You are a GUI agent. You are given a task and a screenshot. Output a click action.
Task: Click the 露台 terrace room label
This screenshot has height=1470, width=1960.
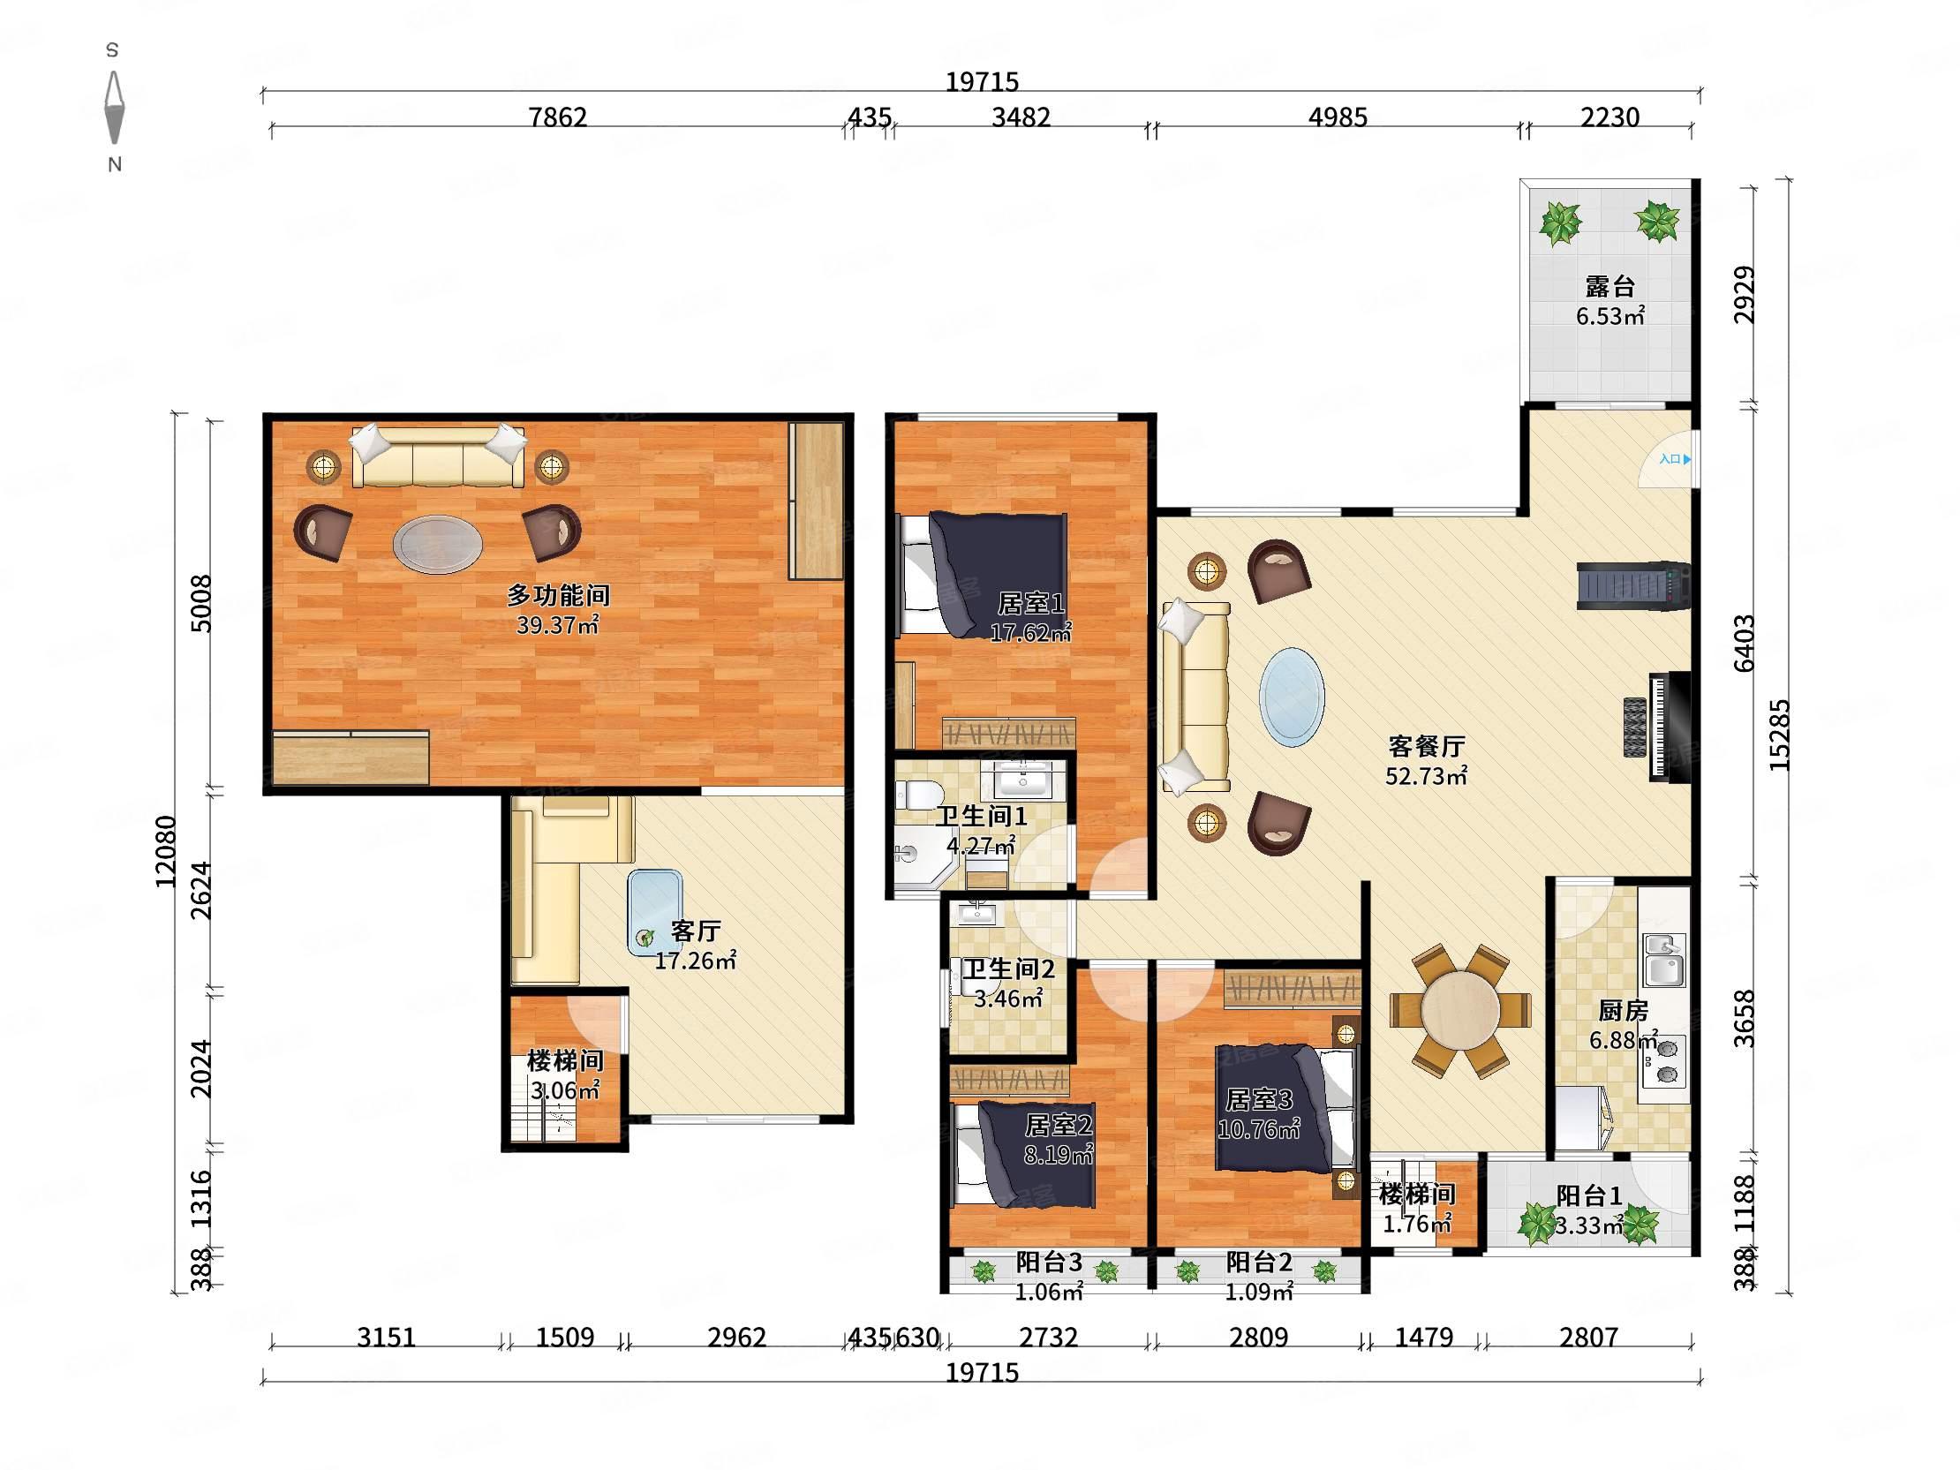(x=1609, y=286)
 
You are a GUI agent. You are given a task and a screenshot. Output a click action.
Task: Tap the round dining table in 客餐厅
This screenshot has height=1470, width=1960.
(x=1460, y=1010)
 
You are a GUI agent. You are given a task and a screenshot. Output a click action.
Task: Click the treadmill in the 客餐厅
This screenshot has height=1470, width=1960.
(x=1633, y=585)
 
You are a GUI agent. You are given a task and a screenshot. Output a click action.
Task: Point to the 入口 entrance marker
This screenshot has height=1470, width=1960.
(x=1675, y=459)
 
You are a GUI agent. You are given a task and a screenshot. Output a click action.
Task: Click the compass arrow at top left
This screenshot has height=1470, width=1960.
(x=114, y=107)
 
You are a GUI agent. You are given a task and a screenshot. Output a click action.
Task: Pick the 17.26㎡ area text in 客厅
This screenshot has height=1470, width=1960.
(x=696, y=960)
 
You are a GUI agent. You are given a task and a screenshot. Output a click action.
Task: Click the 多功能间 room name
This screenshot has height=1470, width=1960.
(x=558, y=595)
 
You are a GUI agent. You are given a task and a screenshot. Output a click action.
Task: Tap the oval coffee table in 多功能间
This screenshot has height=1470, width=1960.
(x=439, y=543)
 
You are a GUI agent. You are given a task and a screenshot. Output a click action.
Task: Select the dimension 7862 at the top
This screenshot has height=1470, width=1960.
(x=558, y=116)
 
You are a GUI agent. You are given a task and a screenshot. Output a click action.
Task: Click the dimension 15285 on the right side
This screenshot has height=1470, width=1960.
(x=1778, y=735)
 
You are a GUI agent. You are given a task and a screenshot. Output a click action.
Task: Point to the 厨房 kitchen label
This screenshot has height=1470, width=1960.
(x=1623, y=1010)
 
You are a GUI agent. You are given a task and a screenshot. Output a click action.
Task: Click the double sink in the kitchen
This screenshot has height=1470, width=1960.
(x=1664, y=960)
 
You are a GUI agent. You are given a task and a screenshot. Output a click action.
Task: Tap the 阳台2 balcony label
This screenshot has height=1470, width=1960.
(x=1259, y=1261)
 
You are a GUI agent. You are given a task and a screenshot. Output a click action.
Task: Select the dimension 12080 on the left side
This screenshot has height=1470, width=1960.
(x=166, y=851)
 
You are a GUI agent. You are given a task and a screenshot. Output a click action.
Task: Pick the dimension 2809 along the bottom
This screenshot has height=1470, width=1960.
(x=1258, y=1336)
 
